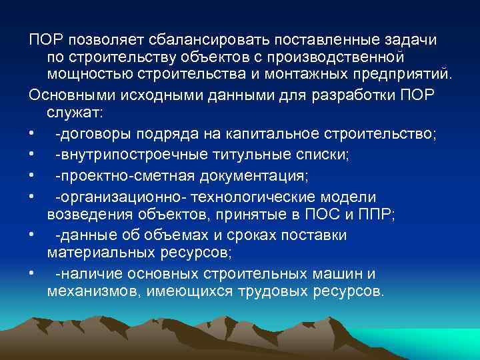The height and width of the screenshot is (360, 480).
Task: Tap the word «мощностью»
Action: [87, 78]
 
